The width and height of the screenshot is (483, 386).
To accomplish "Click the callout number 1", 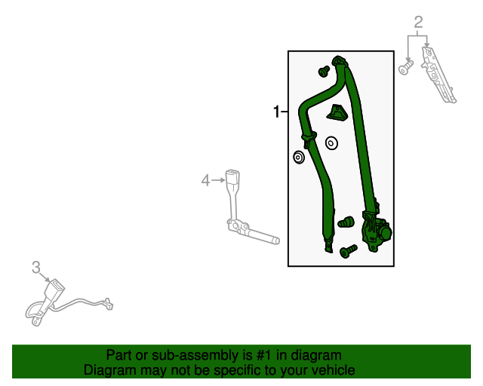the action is tap(276, 112).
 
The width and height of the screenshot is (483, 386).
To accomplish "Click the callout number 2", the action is tap(418, 23).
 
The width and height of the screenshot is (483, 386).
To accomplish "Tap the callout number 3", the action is tap(36, 267).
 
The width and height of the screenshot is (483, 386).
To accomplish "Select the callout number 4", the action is tap(205, 180).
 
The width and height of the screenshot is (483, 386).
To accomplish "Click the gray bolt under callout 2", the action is tap(406, 68).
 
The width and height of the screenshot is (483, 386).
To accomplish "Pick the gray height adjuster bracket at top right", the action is tap(438, 75).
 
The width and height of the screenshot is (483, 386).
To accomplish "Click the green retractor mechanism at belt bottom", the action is tap(377, 231).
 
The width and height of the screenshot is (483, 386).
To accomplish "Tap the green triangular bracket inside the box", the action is tap(337, 112).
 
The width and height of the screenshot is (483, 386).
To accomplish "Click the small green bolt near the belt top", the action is tap(324, 72).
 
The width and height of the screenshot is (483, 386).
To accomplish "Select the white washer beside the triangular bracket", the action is tap(331, 143).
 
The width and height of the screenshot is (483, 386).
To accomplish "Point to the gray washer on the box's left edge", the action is tap(299, 158).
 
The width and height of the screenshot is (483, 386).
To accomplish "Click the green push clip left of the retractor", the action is tap(346, 222).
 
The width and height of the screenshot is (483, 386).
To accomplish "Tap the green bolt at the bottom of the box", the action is tap(349, 251).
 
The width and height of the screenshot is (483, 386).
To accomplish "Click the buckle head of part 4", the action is tap(232, 178).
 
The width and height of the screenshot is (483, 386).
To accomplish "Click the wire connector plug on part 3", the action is tap(109, 303).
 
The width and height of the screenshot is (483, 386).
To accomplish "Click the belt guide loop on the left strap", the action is tap(309, 138).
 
